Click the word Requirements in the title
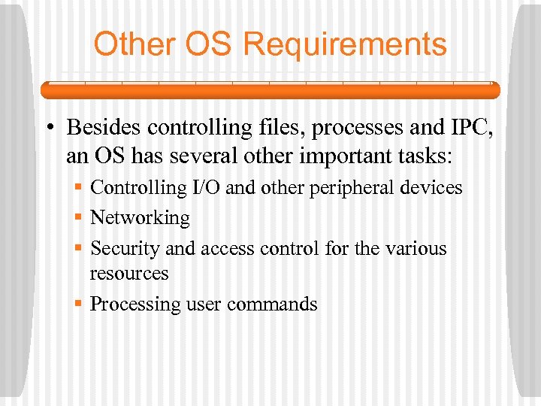pyautogui.click(x=345, y=45)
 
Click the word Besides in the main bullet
pyautogui.click(x=104, y=128)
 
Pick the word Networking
pyautogui.click(x=140, y=218)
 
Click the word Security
pyautogui.click(x=121, y=249)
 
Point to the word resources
pyautogui.click(x=129, y=274)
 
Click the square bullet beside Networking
pyautogui.click(x=78, y=218)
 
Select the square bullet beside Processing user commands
pyautogui.click(x=78, y=304)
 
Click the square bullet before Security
pyautogui.click(x=78, y=248)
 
